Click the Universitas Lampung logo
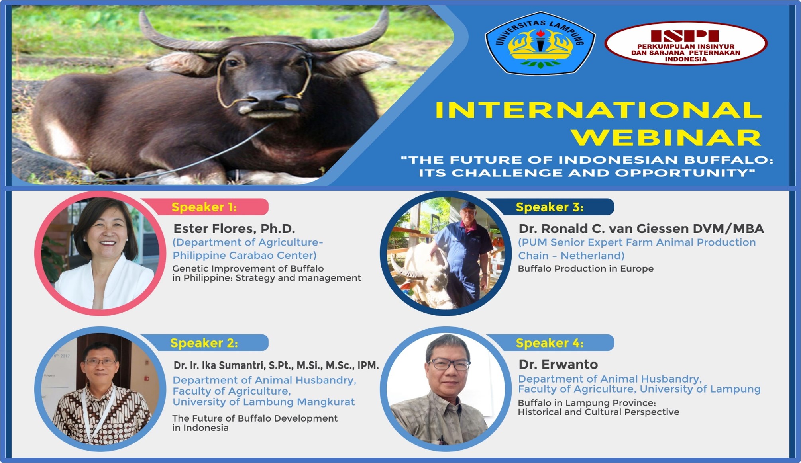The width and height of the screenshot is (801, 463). tap(540, 43)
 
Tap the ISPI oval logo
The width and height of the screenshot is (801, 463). tap(686, 43)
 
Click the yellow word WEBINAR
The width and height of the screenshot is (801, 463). tap(666, 138)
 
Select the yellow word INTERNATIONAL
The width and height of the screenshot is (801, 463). tap(598, 110)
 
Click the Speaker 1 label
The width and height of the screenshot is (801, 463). tap(204, 207)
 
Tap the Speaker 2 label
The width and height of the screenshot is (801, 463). tap(204, 343)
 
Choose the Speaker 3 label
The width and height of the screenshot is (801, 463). tap(550, 207)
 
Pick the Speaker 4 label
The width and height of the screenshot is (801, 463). tap(550, 343)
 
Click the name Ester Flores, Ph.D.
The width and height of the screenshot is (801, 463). tap(234, 229)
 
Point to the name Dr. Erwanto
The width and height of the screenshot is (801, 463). tap(558, 364)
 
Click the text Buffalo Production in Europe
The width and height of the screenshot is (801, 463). tap(586, 268)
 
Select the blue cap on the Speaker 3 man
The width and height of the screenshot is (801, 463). tap(467, 206)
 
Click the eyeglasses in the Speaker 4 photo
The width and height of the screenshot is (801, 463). tap(449, 364)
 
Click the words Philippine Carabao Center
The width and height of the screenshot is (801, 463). tap(244, 255)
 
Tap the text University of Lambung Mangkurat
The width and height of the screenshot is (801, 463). tap(263, 402)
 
